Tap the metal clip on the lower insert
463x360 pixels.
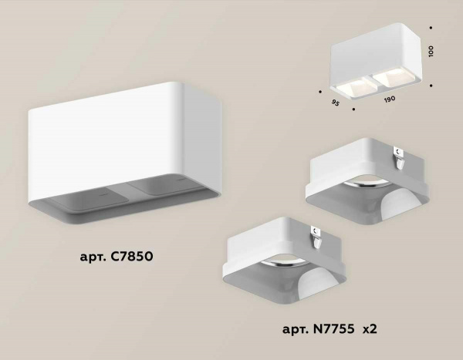[317, 234]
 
